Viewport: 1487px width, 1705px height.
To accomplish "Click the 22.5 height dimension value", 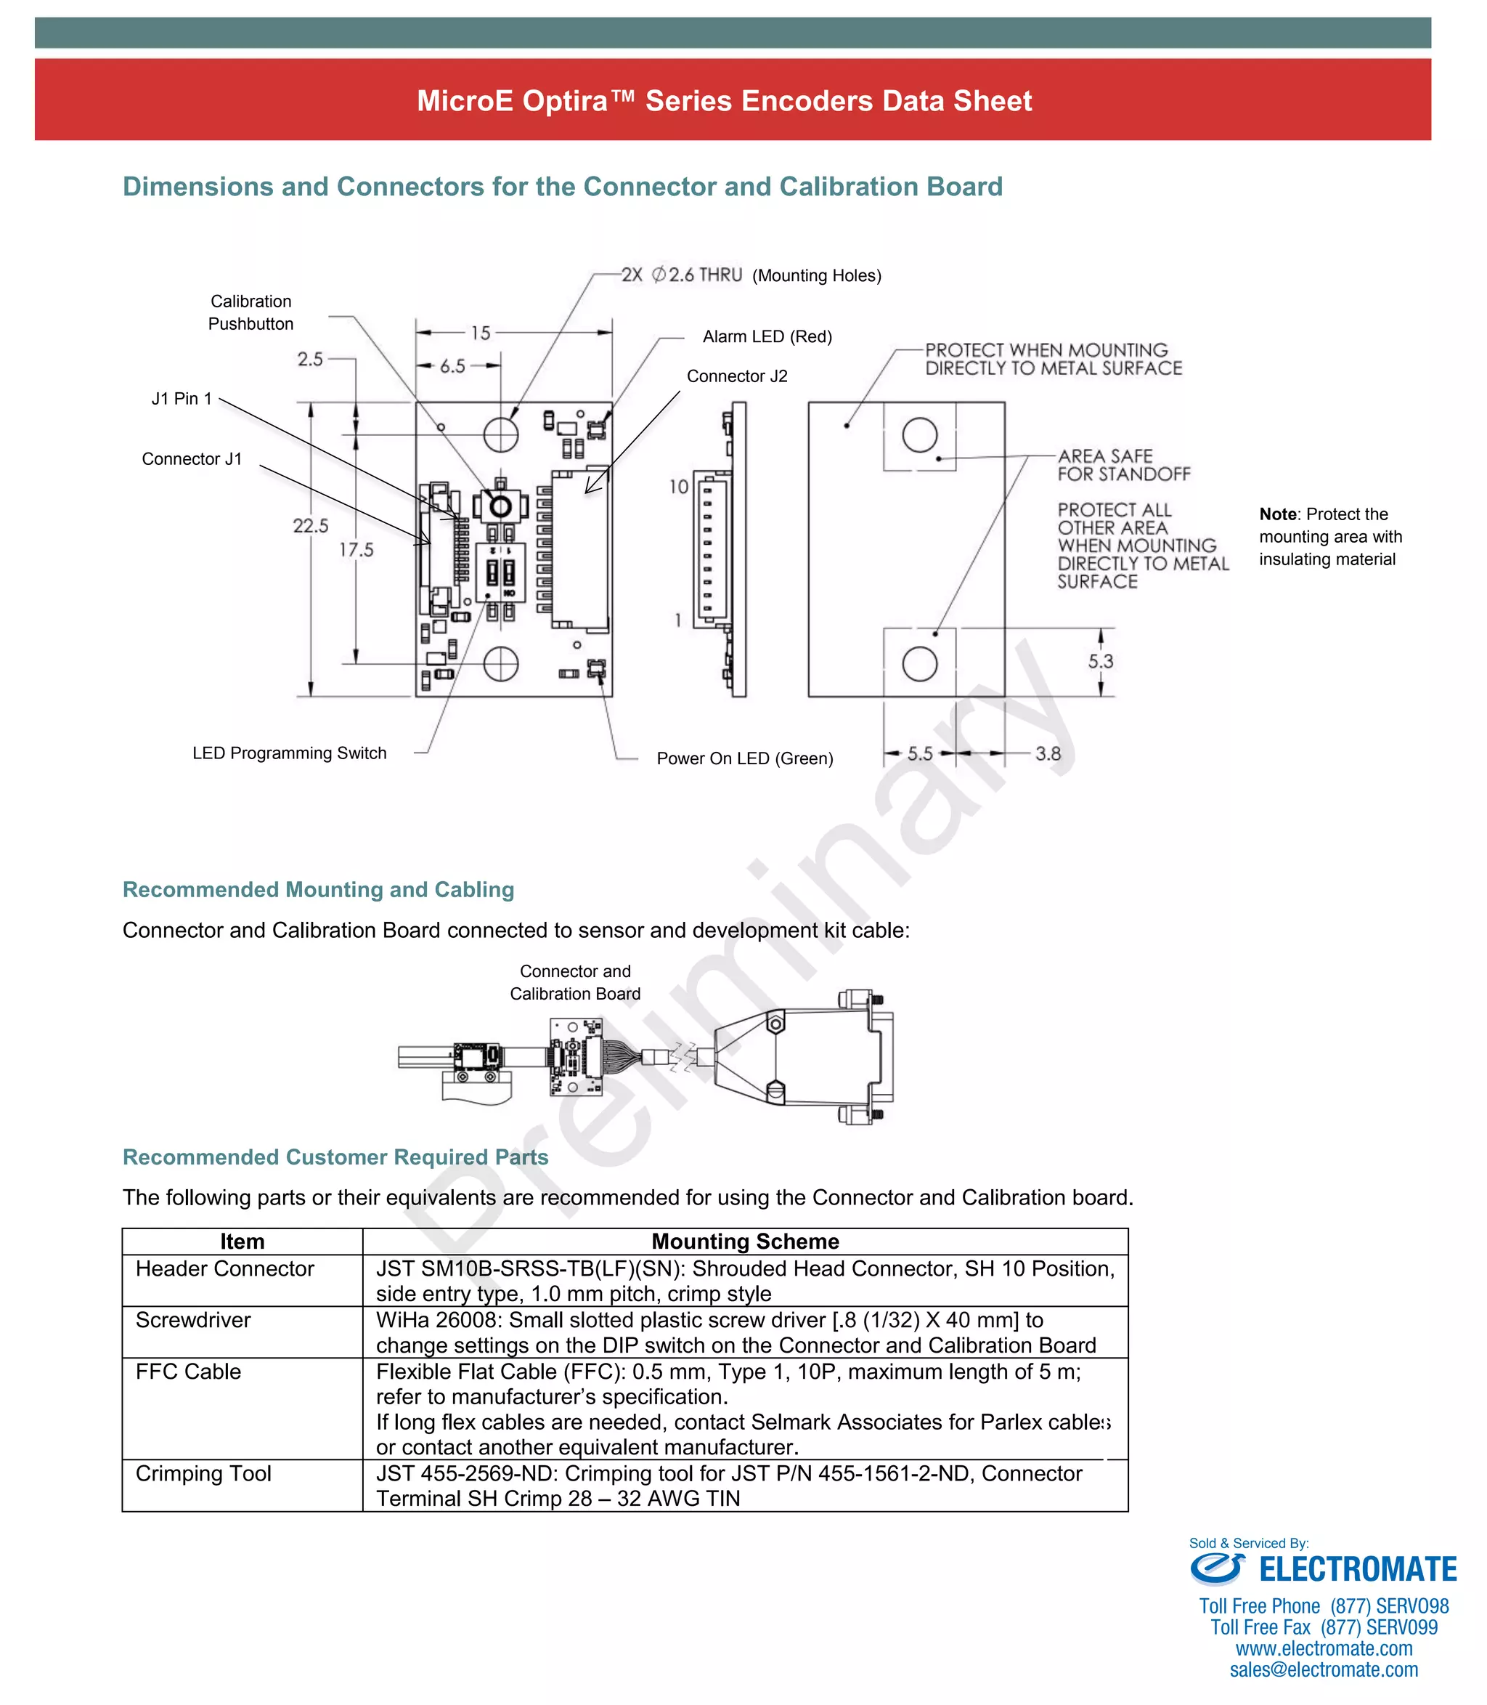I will coord(310,525).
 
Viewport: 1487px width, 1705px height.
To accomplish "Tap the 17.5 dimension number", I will coord(356,549).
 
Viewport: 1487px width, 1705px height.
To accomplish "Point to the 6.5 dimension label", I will coord(452,366).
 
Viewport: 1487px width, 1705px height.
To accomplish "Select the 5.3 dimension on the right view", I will coord(1100,662).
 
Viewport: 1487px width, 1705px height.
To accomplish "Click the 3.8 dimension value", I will coord(1047,754).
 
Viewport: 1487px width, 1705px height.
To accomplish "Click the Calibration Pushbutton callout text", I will coord(250,313).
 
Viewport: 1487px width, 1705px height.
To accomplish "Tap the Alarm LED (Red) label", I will coord(767,336).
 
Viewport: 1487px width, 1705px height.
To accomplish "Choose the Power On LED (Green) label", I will coord(744,758).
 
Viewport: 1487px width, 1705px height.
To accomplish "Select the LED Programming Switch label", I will coord(289,753).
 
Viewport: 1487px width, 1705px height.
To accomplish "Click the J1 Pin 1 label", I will coord(182,398).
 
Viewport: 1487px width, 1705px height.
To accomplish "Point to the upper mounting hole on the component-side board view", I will coord(500,433).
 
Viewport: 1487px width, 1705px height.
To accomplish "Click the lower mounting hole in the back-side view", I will coord(919,664).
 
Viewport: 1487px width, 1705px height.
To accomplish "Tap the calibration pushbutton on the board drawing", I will coord(500,505).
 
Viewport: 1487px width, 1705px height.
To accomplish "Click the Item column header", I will coord(243,1241).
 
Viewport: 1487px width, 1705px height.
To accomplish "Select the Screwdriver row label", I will coord(192,1320).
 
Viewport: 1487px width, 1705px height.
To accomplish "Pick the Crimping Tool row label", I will coord(203,1473).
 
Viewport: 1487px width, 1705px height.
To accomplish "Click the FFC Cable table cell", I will coord(188,1372).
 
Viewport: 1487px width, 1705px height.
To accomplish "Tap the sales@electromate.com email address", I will coord(1324,1669).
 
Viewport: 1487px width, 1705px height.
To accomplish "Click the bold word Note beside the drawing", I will coord(1277,514).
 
